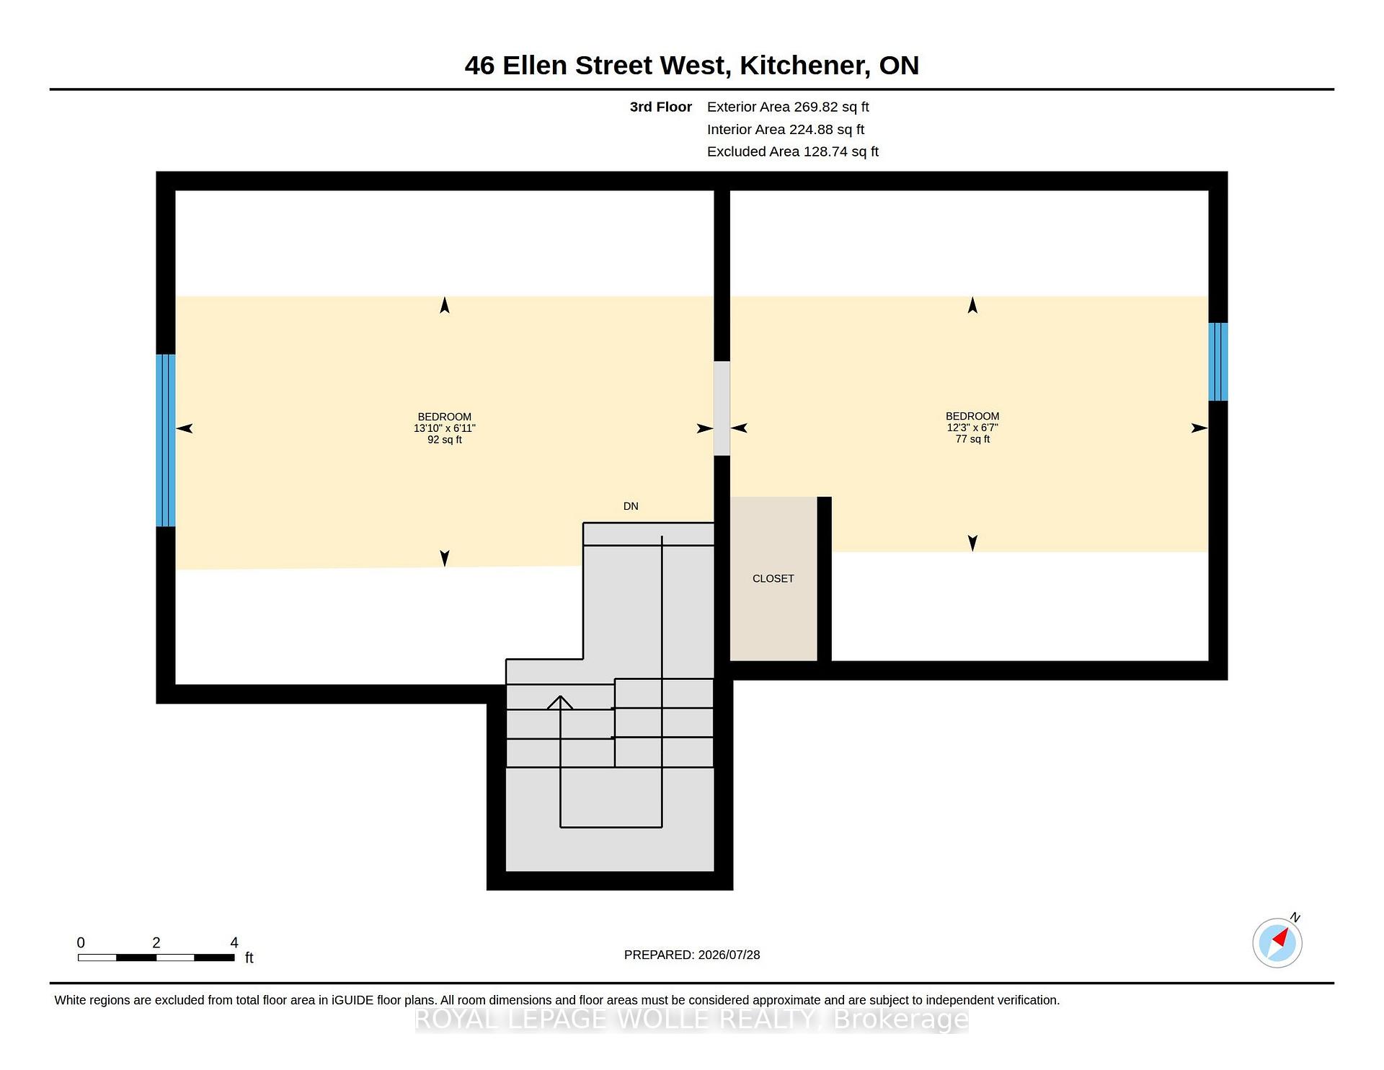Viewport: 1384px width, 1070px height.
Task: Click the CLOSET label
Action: coord(773,578)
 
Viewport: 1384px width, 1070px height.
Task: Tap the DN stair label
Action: coord(631,506)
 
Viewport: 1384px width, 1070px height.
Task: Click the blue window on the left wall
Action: coord(166,440)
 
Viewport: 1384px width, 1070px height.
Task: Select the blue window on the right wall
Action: coord(1218,361)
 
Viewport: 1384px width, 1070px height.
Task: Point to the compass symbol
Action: coord(1277,942)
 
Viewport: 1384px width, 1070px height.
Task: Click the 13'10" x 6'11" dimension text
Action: coord(445,428)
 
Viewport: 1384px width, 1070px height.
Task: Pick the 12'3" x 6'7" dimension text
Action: coord(972,428)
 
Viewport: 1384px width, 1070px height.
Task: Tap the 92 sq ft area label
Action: coord(445,440)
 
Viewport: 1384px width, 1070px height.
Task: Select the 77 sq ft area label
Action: coord(972,439)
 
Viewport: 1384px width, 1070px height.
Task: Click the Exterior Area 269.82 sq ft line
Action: coord(788,107)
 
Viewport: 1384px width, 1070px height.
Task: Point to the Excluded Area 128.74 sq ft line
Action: coord(793,151)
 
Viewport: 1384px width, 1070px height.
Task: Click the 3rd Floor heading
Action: coord(661,107)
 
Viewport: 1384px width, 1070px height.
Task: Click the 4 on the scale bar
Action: coord(234,942)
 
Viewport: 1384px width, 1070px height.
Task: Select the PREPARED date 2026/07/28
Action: coord(729,955)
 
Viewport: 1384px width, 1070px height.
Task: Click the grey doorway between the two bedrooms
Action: coord(722,408)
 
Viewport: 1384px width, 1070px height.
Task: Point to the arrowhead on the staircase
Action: coord(560,702)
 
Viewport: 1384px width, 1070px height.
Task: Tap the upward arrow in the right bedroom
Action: coord(972,305)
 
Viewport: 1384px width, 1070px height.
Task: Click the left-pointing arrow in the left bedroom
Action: coord(185,428)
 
